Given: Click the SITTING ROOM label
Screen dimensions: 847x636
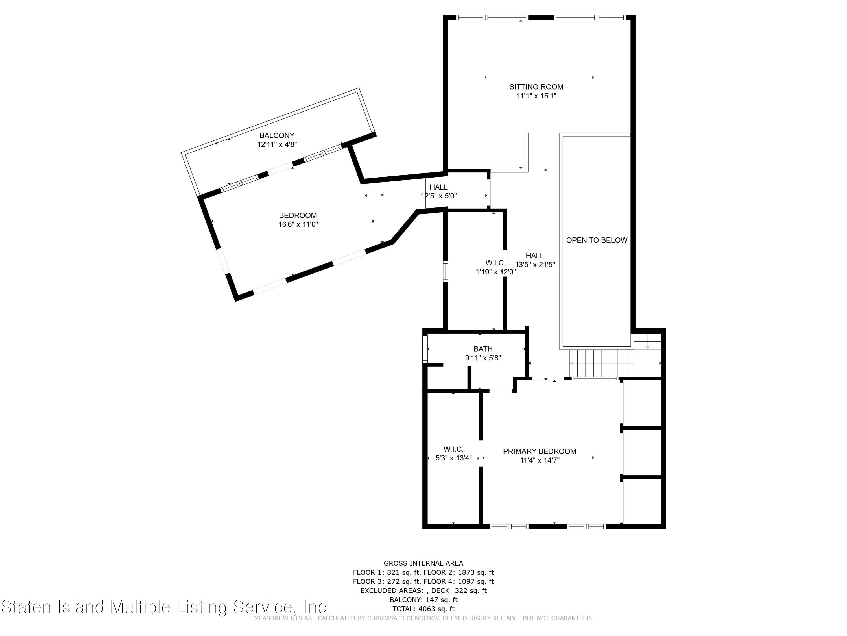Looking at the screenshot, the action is [x=536, y=87].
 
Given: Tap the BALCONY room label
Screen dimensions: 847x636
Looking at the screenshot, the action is [x=277, y=135].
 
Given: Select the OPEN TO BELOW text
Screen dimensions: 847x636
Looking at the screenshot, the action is [x=597, y=240].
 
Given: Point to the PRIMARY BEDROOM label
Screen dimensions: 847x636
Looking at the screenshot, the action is [x=540, y=451].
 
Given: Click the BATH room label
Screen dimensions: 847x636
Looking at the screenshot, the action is [x=483, y=349].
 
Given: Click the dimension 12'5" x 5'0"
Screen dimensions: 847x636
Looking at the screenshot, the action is [x=439, y=196].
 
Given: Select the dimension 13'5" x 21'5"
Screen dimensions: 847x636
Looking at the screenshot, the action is [x=535, y=265].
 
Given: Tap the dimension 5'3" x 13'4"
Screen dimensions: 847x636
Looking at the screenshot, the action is [x=454, y=458].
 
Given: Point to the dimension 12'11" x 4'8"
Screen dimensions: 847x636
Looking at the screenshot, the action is [x=277, y=144].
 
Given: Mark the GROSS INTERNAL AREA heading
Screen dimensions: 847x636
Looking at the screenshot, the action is [x=423, y=563].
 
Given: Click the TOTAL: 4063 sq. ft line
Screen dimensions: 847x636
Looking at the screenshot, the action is [x=423, y=609].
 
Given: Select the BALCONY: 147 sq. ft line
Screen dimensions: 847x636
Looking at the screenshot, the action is [x=423, y=600].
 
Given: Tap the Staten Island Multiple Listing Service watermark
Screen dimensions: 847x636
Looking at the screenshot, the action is [x=165, y=607].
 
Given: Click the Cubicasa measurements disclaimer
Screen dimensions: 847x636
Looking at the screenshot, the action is [x=423, y=618].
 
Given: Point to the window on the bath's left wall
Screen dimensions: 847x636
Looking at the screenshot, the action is [x=425, y=349].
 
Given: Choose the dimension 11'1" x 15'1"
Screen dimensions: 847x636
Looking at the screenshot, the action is [x=536, y=96].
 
